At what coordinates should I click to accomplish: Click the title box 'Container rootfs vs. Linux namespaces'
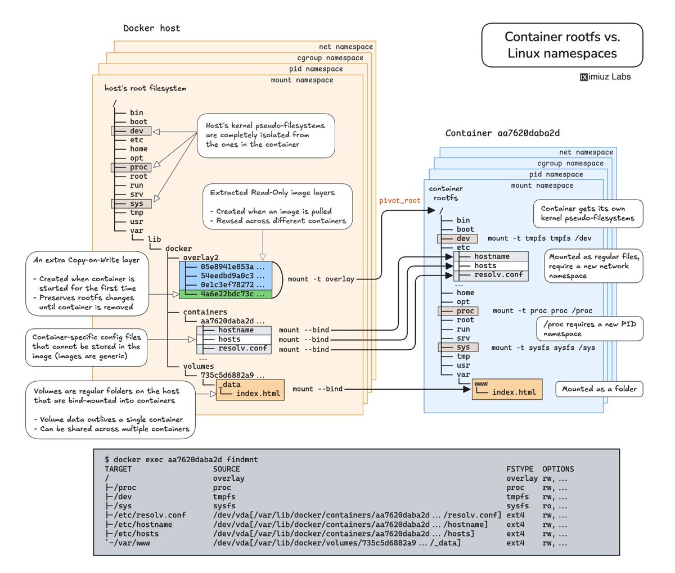coord(562,45)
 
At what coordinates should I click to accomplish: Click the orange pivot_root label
coord(400,200)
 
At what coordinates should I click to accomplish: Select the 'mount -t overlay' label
coord(321,279)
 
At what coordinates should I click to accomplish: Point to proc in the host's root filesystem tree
coord(138,167)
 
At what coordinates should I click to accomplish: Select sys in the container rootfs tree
coord(463,347)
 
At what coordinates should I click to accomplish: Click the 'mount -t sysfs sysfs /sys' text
coord(543,348)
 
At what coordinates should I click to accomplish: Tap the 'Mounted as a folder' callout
coord(599,389)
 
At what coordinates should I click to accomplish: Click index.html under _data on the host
coord(258,393)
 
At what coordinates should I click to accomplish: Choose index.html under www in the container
coord(514,392)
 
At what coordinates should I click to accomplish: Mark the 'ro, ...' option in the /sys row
coord(555,506)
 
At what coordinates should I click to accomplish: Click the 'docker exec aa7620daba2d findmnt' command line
coord(181,459)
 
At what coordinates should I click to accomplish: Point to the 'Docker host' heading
coord(152,28)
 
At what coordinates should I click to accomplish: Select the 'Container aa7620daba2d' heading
coord(502,133)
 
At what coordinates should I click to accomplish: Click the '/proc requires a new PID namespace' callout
coord(589,329)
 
